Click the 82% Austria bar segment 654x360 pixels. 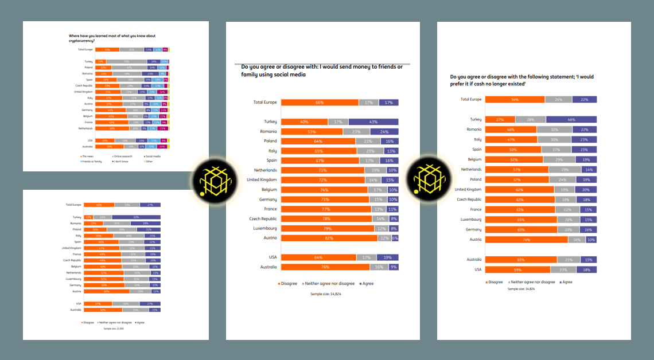point(329,238)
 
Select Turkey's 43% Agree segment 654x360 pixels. point(373,122)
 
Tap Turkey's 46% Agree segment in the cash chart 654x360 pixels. point(571,119)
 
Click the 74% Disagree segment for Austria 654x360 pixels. point(526,240)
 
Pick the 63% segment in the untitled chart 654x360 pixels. point(137,217)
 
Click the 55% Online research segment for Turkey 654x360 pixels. point(126,61)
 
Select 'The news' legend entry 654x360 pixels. point(88,155)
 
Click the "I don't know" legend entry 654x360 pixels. point(122,161)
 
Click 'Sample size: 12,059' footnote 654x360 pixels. point(113,328)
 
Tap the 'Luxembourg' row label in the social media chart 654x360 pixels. point(265,228)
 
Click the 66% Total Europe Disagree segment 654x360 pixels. point(320,102)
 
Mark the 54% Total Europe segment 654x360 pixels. point(515,99)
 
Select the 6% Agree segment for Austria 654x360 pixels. point(395,238)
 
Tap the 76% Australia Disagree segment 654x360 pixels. point(325,267)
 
